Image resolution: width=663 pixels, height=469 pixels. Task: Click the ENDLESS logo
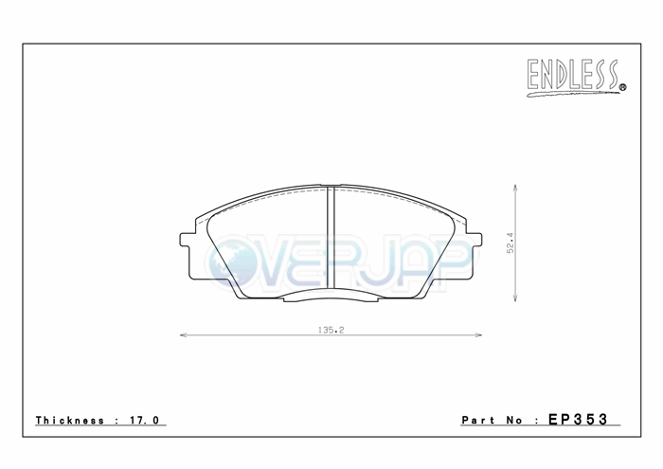click(576, 78)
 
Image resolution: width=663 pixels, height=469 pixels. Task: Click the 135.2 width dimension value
click(331, 330)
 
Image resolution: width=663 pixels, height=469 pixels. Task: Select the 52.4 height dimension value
click(511, 243)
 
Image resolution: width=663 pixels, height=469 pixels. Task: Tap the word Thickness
click(70, 421)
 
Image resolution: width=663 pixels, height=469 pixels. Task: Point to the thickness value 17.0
click(145, 421)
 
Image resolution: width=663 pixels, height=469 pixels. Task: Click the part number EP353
click(578, 419)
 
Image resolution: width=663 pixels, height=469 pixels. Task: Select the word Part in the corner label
click(478, 421)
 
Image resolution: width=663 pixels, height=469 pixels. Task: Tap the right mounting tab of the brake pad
click(474, 240)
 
